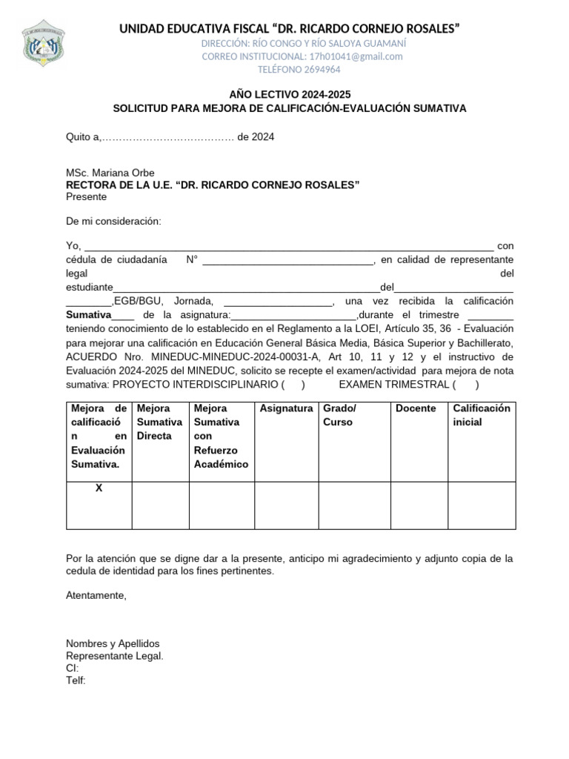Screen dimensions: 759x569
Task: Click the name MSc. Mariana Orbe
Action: coord(110,173)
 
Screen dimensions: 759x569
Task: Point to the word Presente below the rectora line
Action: coord(86,196)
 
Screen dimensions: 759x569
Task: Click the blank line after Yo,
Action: coord(289,246)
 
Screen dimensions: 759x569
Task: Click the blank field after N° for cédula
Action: coord(287,260)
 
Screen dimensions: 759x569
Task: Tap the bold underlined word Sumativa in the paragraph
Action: coord(88,314)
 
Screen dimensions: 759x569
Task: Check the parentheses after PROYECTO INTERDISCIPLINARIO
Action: coord(293,384)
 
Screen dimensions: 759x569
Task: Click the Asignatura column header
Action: coord(286,409)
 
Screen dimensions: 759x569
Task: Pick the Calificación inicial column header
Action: coord(482,415)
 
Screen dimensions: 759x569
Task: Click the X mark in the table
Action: coord(99,489)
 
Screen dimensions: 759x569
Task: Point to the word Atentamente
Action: coord(96,595)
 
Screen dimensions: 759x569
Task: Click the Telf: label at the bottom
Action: coord(76,680)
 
